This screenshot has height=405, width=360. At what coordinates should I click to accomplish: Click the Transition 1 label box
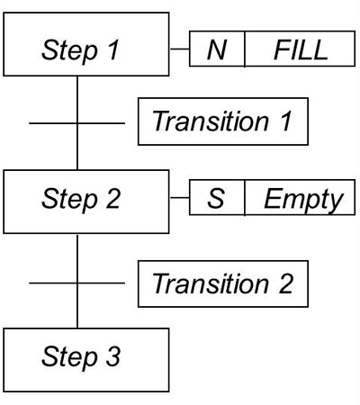point(222,121)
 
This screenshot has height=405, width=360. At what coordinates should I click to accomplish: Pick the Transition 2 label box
point(222,283)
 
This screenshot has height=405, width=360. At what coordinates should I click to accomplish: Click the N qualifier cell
point(217,50)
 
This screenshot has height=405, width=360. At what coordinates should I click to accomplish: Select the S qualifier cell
point(217,200)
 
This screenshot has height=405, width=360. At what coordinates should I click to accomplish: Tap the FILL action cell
point(301,50)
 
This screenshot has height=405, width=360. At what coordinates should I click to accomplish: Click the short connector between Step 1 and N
point(178,50)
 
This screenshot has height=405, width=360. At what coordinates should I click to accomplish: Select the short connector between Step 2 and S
point(178,200)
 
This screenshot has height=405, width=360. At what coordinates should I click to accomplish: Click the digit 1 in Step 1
point(113,50)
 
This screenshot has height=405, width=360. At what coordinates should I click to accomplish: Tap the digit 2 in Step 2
point(112,200)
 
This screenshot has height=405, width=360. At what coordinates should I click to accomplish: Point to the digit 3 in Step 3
point(113,357)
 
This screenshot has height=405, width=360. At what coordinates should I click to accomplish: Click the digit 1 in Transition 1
point(286,121)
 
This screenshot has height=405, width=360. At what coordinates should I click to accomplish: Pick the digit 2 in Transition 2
point(285,284)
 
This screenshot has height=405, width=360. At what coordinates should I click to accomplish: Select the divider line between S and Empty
point(245,200)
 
